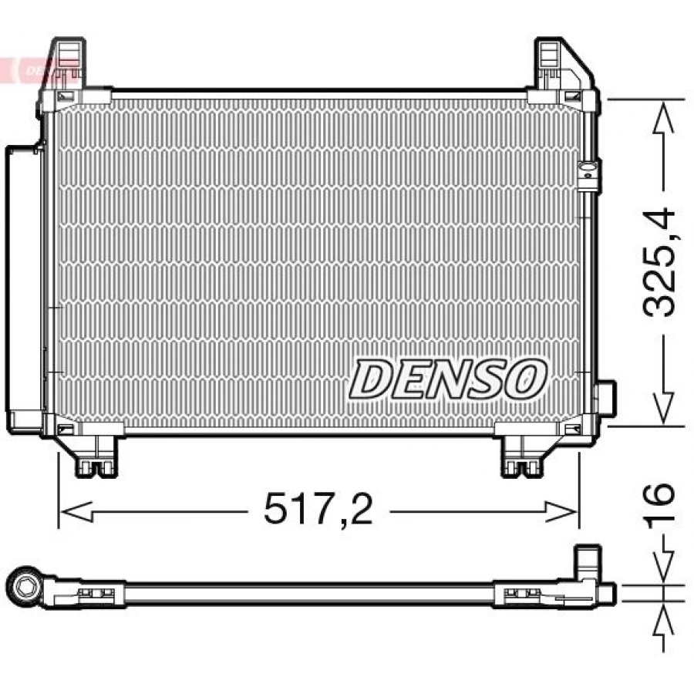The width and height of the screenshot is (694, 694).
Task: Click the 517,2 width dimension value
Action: pos(318,510)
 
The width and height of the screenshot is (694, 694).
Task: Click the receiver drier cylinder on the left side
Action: pos(24,289)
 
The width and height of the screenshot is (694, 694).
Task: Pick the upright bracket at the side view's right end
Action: pos(588,563)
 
